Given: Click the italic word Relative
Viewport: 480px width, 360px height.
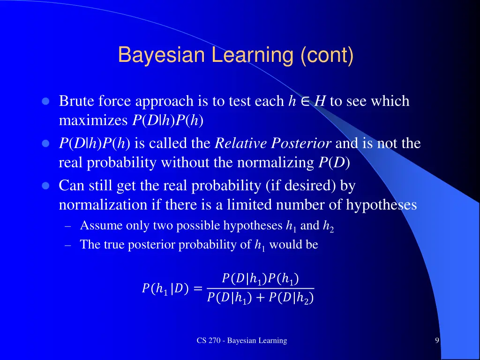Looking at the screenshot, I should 240,143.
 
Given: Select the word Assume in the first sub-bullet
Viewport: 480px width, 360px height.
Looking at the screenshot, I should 96,225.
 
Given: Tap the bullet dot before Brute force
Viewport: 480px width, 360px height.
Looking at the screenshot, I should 45,101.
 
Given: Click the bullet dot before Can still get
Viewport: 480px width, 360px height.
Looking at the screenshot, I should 45,186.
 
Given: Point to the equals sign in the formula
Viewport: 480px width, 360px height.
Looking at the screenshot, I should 198,289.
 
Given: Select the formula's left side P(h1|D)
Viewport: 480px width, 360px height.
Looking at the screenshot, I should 165,289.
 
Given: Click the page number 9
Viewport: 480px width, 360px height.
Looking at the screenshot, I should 437,340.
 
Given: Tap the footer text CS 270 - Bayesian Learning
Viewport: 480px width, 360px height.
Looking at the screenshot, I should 241,340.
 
